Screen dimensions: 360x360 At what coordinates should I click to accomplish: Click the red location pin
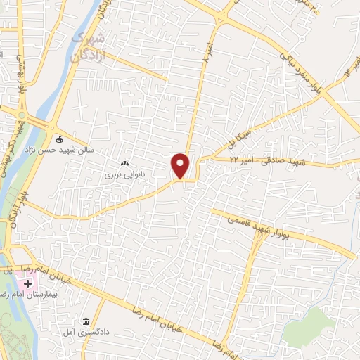(x=181, y=165)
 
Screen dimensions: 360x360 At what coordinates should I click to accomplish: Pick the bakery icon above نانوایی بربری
(x=125, y=163)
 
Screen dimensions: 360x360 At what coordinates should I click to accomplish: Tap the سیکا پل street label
(x=236, y=138)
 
